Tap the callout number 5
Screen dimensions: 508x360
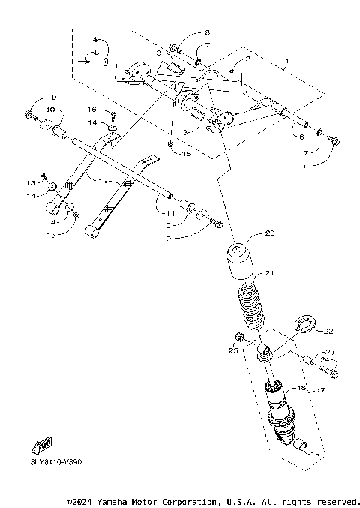click(96, 53)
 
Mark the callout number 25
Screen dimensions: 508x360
click(233, 350)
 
